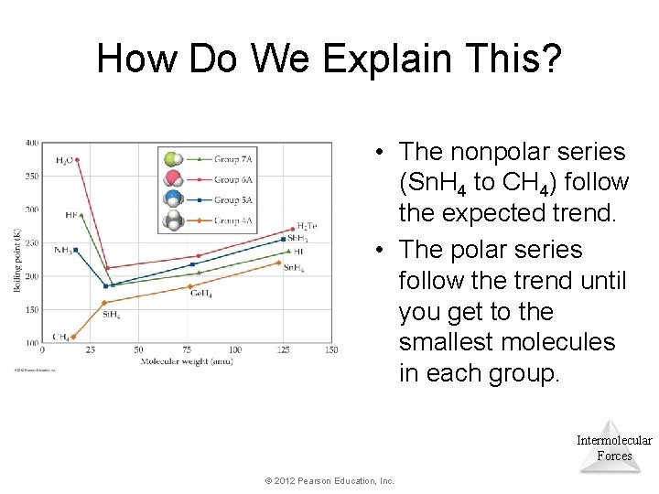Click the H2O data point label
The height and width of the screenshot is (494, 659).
(64, 160)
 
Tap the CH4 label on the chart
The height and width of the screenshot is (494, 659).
(61, 337)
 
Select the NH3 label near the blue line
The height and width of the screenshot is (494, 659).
(62, 250)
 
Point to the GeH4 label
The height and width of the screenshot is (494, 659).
(200, 294)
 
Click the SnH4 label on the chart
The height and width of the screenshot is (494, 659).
(294, 267)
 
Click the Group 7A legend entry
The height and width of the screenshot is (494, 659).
(232, 158)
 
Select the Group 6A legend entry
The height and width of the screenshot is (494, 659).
(232, 179)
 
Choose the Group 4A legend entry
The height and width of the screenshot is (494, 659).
(232, 220)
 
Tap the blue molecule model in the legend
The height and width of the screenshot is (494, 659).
(174, 199)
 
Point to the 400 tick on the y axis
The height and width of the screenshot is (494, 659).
(32, 144)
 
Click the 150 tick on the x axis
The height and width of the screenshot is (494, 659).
(331, 350)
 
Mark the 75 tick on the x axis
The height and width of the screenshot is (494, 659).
(187, 350)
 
